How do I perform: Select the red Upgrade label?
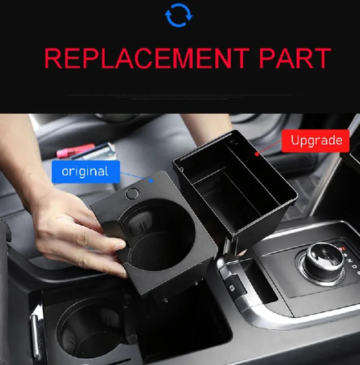pyautogui.click(x=315, y=140)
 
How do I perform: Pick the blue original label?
pyautogui.click(x=85, y=171)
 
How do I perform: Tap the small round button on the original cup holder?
pyautogui.click(x=132, y=193)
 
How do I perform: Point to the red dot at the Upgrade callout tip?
pyautogui.click(x=257, y=153)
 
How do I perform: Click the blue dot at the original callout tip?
pyautogui.click(x=152, y=179)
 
